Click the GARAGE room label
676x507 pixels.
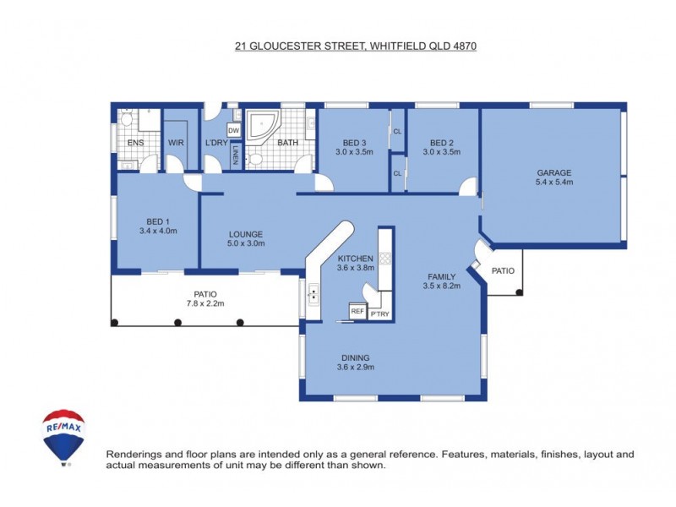(554, 173)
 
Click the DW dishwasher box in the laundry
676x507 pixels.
(234, 130)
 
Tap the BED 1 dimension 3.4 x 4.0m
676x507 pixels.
(157, 230)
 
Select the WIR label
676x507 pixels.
(176, 143)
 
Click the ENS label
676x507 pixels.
(135, 143)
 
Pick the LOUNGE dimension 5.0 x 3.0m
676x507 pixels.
(246, 243)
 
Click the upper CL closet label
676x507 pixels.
(397, 132)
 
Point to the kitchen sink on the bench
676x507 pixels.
(314, 295)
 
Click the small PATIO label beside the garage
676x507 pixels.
(504, 271)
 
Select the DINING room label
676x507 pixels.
(356, 357)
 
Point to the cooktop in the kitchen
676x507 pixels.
(385, 258)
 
